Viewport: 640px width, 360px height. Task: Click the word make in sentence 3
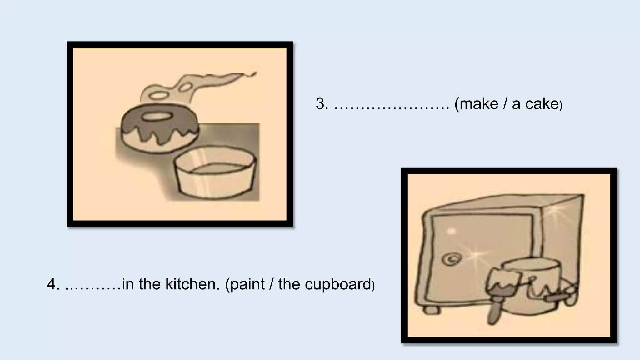coord(479,104)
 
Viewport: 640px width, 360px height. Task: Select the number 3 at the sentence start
coord(322,104)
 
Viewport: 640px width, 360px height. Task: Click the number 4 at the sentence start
coord(53,284)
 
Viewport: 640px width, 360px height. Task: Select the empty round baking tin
coord(216,175)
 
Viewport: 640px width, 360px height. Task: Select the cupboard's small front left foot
coord(431,310)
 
